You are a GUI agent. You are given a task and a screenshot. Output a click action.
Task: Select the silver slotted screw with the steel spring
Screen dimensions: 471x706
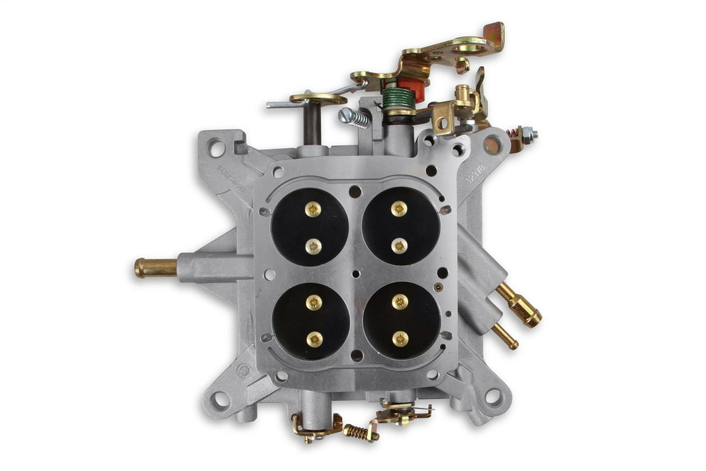tap(355, 117)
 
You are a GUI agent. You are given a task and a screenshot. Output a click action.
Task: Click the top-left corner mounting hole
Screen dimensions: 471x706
tap(216, 144)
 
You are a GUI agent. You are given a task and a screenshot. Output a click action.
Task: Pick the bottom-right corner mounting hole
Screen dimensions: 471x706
tap(493, 396)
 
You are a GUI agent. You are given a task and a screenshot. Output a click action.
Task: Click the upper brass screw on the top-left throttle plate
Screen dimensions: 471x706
tap(313, 209)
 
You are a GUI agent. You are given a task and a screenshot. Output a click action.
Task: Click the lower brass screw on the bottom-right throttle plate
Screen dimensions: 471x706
tap(400, 338)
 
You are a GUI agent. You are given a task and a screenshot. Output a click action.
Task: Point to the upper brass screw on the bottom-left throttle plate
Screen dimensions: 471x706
tap(314, 302)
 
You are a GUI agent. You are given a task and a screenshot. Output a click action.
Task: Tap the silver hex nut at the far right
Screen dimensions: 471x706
tap(532, 134)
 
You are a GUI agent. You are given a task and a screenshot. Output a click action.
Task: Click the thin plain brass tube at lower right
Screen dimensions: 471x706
tap(505, 336)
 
